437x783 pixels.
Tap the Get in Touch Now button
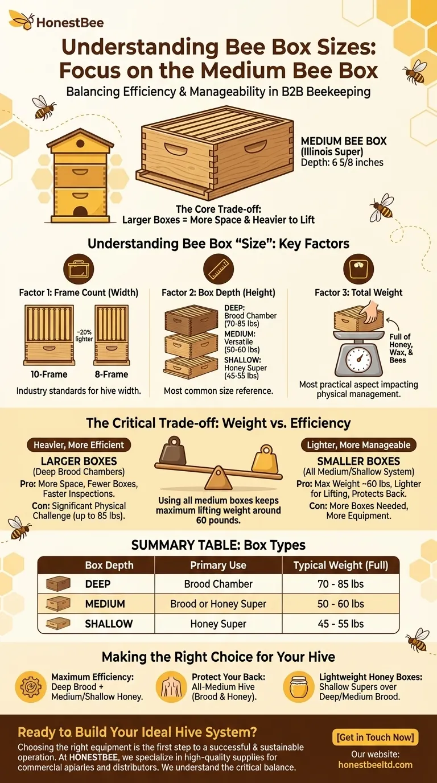click(x=375, y=737)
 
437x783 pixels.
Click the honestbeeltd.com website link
click(x=375, y=764)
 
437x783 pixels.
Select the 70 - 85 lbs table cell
click(x=340, y=584)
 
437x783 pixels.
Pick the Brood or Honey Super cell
click(x=218, y=604)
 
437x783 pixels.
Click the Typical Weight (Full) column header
click(x=340, y=565)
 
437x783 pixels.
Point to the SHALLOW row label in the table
click(x=109, y=624)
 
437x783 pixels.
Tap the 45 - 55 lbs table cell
click(x=340, y=624)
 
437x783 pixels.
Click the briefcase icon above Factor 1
click(x=79, y=269)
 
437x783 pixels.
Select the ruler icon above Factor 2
click(x=218, y=269)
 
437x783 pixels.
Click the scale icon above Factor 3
click(x=358, y=269)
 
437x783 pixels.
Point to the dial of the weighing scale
click(x=358, y=360)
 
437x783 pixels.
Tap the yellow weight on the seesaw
click(x=265, y=459)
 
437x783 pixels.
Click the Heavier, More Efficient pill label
click(x=79, y=445)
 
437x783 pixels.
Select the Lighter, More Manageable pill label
click(x=358, y=445)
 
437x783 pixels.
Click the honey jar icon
click(x=299, y=686)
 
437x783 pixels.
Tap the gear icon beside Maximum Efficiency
click(x=31, y=686)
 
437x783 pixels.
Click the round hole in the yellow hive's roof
click(x=80, y=143)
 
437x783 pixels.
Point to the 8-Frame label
click(x=112, y=374)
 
